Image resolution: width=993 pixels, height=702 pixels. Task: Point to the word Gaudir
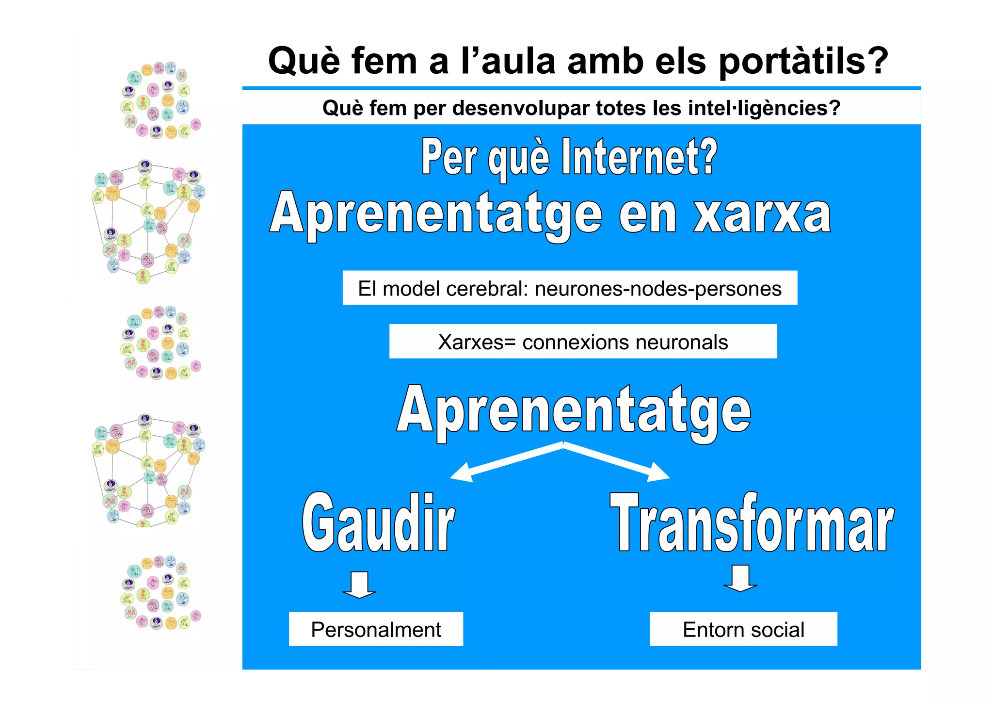click(379, 523)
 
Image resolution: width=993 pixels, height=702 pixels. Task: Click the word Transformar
click(752, 523)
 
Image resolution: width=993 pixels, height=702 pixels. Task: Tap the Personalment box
click(376, 629)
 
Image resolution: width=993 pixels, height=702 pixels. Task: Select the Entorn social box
click(743, 629)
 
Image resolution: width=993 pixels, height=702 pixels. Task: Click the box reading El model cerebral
click(570, 288)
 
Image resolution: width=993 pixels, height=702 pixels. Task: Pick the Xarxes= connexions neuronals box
click(583, 342)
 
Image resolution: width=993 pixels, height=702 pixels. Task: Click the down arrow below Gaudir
click(359, 585)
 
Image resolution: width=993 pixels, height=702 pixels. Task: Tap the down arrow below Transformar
click(740, 578)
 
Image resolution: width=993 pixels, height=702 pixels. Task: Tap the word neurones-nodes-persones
click(658, 289)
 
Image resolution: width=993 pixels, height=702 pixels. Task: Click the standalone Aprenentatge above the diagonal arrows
click(574, 410)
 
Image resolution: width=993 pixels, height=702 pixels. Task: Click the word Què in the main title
click(304, 61)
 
